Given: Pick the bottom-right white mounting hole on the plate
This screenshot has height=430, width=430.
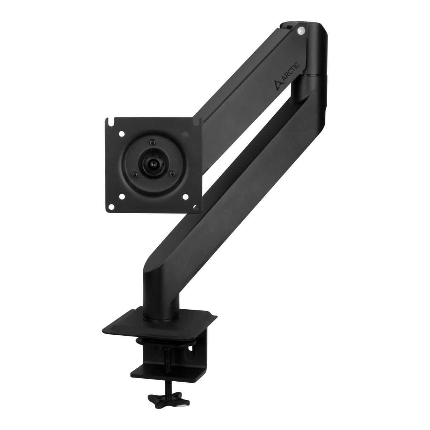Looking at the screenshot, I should [x=186, y=196].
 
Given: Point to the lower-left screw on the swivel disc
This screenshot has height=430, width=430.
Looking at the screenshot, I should [x=134, y=176].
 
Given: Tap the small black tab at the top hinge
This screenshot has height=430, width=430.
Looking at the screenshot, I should [x=287, y=26].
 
